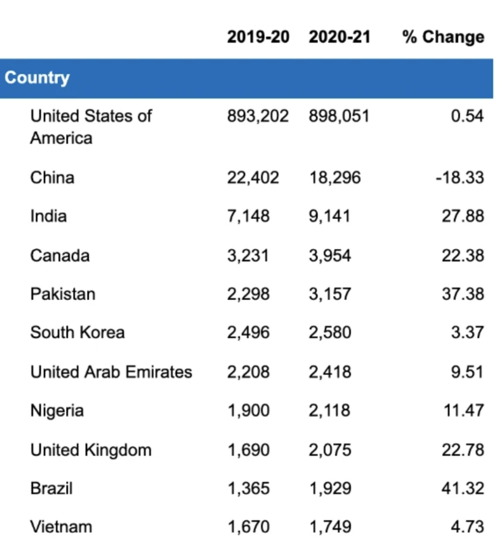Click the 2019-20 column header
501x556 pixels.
coord(258,37)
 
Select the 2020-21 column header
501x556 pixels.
coord(340,37)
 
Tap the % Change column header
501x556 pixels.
coord(443,38)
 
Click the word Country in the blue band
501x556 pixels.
coord(37,77)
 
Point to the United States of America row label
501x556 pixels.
coord(91,126)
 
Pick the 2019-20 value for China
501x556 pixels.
coord(253,177)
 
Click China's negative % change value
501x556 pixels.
coord(460,177)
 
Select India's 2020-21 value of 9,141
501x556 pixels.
coord(329,216)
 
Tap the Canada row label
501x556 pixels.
coord(60,255)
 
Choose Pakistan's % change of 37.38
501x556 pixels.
coord(463,294)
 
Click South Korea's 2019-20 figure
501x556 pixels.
coord(248,332)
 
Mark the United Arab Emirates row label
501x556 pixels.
coord(111,372)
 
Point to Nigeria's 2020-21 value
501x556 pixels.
coord(329,410)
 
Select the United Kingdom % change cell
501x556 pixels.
coord(463,449)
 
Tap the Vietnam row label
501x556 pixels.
coord(61,527)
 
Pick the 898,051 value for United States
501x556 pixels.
coord(339,116)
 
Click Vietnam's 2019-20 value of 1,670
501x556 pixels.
coord(249,527)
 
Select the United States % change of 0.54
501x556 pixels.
coord(468,116)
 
